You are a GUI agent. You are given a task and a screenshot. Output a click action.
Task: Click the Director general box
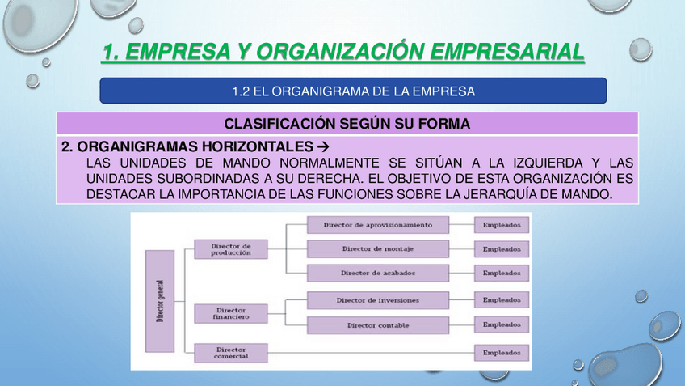tap(159, 301)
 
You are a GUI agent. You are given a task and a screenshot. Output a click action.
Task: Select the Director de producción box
tap(231, 249)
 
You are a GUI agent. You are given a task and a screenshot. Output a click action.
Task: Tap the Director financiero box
tap(231, 313)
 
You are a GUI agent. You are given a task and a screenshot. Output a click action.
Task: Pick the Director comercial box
tap(231, 353)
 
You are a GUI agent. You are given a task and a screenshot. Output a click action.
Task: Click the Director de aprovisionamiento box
tap(377, 224)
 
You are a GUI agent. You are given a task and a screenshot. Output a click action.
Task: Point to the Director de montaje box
tap(377, 248)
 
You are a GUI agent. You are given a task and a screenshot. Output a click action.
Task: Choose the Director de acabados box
tap(377, 274)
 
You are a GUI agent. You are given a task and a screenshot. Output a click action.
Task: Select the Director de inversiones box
tap(377, 300)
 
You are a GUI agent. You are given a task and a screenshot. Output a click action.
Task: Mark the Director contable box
tap(377, 325)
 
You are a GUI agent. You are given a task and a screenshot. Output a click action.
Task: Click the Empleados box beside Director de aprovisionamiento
tap(502, 224)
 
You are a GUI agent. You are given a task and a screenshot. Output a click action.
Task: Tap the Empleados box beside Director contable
tap(502, 325)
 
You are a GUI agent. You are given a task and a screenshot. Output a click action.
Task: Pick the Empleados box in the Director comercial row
tap(502, 353)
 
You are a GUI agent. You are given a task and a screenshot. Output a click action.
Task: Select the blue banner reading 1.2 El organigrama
tap(353, 91)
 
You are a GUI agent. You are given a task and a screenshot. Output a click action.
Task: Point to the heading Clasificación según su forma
tap(347, 124)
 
